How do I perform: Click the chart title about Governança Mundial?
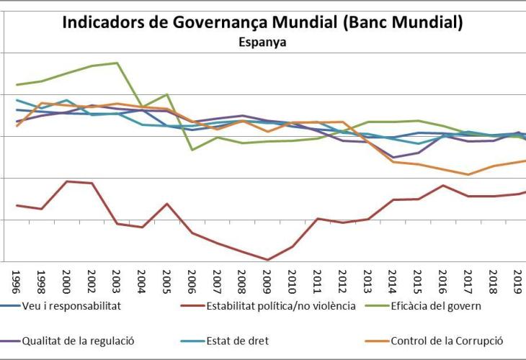coord(262,22)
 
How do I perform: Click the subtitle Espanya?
coord(262,42)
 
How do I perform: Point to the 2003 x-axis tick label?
coord(117,278)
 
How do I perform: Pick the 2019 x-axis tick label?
coord(518,278)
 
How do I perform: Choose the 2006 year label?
coord(192,278)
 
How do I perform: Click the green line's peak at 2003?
coord(117,63)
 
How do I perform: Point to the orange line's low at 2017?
coord(468,174)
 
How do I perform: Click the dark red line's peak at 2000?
coord(66,181)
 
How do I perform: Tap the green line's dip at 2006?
coord(192,150)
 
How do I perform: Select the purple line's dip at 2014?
coord(393,158)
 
